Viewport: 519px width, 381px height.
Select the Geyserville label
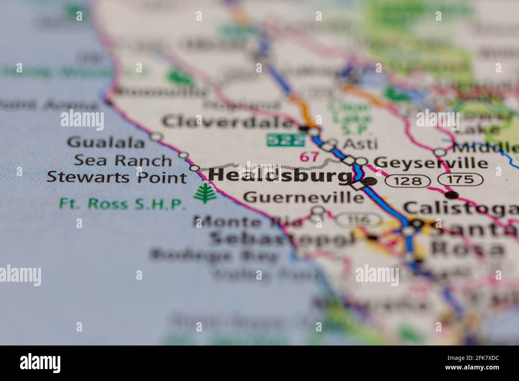[x=431, y=163]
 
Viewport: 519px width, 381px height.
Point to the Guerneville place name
[x=303, y=197]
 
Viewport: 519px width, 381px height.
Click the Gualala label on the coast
[x=106, y=143]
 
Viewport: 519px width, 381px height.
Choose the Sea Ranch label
[x=123, y=160]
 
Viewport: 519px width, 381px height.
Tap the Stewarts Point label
[x=117, y=177]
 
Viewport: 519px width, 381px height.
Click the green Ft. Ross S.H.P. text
[x=122, y=204]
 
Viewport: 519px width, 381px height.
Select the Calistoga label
[x=459, y=208]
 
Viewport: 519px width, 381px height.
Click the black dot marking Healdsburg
[x=370, y=181]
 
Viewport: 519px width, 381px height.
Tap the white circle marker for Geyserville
[x=361, y=161]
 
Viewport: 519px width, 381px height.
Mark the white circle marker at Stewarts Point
[x=194, y=169]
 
